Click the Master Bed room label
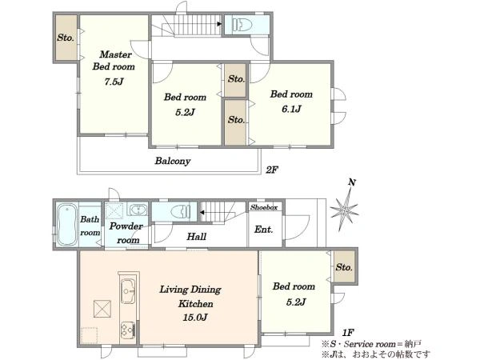[114, 60]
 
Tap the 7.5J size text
[114, 82]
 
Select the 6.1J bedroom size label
[291, 109]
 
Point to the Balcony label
[173, 161]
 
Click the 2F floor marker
[272, 170]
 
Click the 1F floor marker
[348, 333]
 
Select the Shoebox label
[264, 207]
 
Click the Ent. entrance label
[263, 230]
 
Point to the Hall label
[197, 236]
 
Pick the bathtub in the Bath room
[67, 224]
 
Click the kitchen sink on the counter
[128, 291]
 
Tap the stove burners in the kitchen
[128, 330]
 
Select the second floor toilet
[242, 25]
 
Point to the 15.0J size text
[195, 318]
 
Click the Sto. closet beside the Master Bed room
[66, 38]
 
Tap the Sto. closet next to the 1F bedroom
[344, 267]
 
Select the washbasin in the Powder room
[137, 210]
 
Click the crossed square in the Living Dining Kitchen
[102, 309]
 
